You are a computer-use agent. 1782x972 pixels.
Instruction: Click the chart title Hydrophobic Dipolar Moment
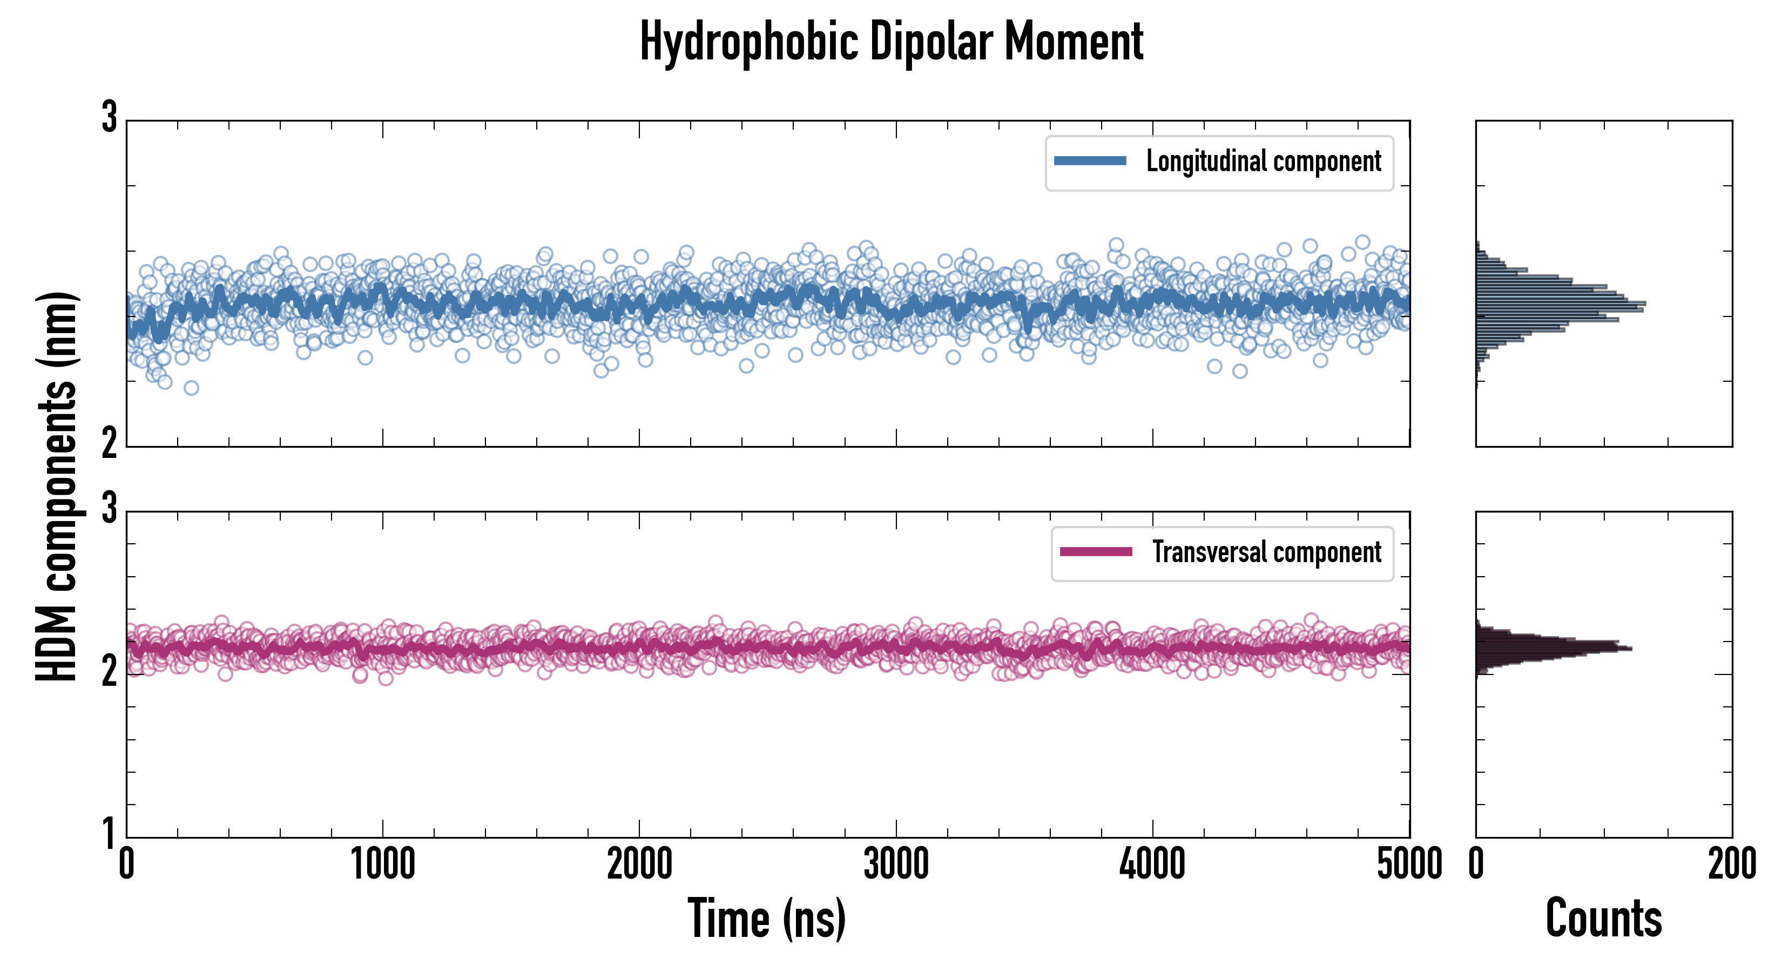point(891,42)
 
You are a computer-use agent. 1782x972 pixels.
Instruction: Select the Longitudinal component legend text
point(1263,161)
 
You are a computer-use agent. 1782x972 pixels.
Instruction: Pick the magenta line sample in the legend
point(1095,552)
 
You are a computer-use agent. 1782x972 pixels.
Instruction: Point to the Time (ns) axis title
point(766,918)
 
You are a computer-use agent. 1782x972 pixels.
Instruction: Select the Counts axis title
point(1603,918)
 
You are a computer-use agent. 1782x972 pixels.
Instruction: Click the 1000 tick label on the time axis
point(382,865)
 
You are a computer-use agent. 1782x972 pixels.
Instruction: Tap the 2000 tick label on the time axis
point(639,865)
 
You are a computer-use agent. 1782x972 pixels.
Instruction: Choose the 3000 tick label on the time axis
point(896,865)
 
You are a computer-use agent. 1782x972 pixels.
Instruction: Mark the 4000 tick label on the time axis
point(1152,865)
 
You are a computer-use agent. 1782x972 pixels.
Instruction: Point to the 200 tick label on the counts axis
point(1731,865)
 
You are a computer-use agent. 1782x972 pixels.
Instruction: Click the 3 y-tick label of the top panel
point(109,118)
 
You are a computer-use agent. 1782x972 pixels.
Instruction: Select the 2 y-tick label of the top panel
point(109,443)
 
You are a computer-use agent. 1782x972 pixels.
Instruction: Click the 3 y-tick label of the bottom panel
point(109,509)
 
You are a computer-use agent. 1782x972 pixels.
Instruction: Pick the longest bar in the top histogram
point(1561,303)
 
